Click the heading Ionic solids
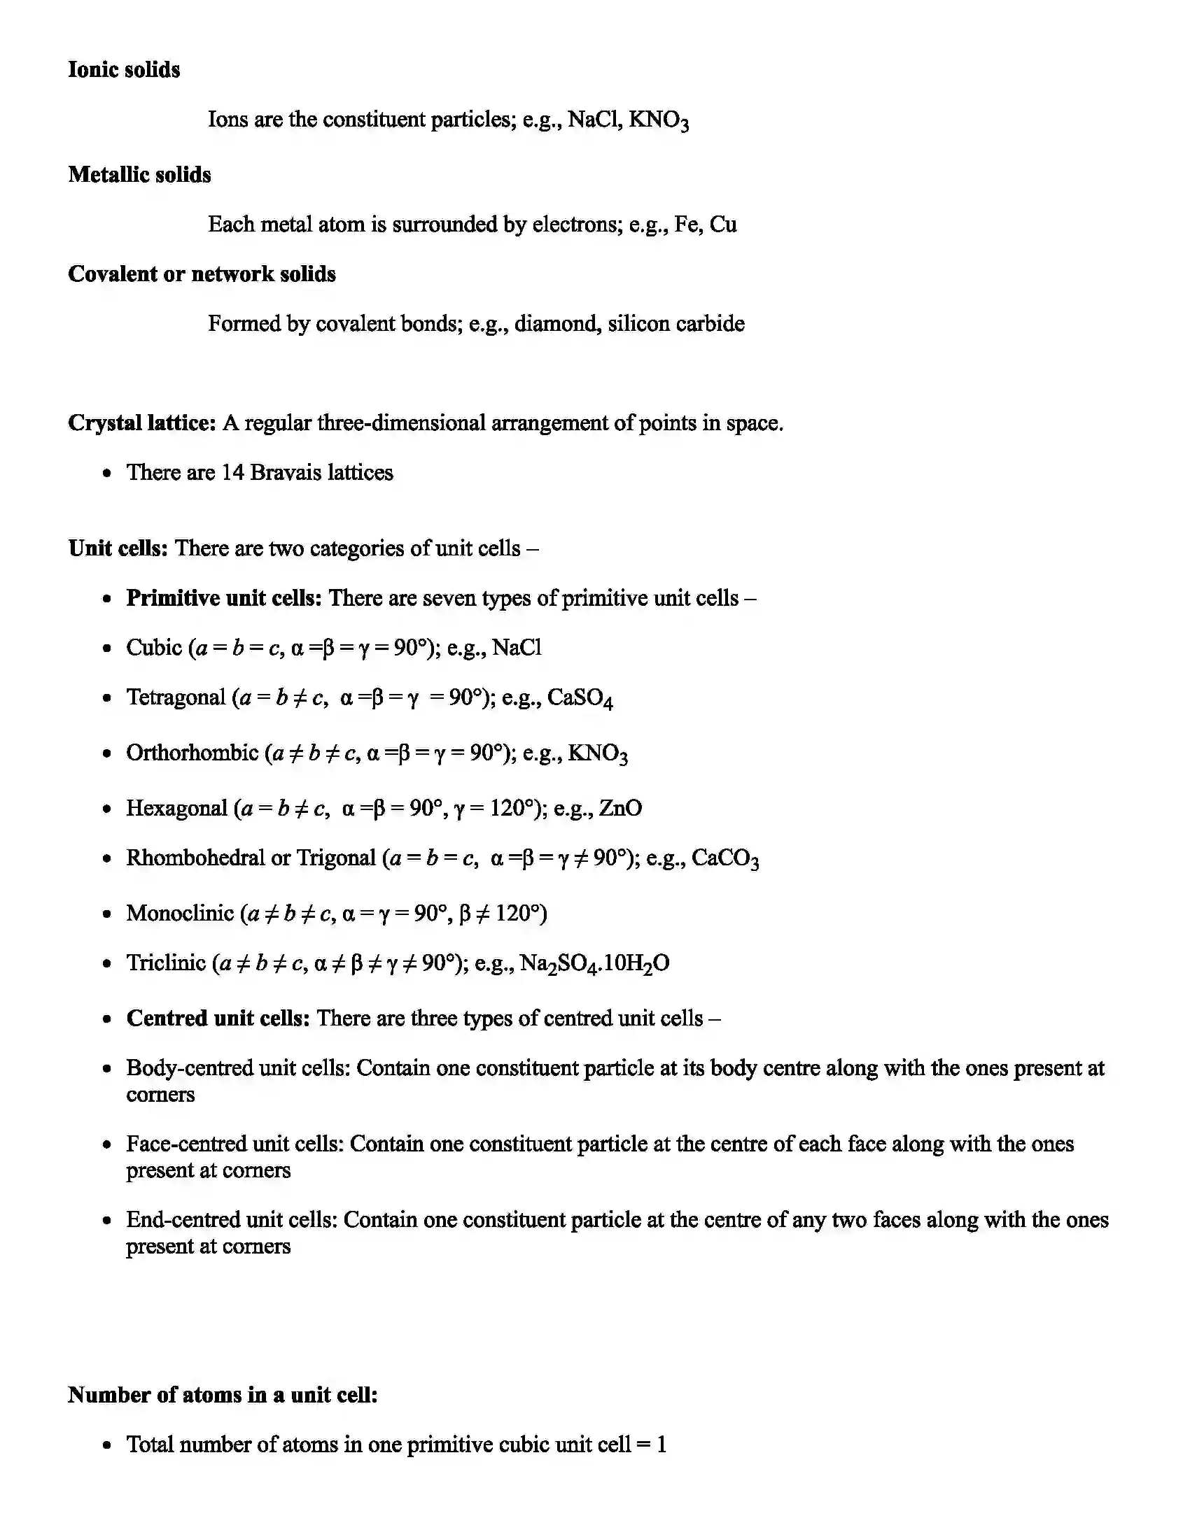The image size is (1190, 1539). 123,70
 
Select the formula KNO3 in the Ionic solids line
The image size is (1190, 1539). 658,120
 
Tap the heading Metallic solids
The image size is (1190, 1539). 139,175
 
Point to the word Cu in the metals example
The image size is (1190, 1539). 722,224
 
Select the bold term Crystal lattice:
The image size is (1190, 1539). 141,423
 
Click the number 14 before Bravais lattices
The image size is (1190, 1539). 232,472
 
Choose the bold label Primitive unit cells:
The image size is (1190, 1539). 223,597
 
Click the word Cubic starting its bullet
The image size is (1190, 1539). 154,647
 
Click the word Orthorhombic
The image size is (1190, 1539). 192,753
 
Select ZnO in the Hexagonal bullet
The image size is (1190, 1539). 620,807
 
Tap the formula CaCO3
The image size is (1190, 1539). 724,858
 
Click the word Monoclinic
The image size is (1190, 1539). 180,913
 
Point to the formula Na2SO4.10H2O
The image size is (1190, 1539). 594,963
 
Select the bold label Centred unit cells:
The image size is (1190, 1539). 218,1019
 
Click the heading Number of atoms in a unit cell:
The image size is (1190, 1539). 222,1394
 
